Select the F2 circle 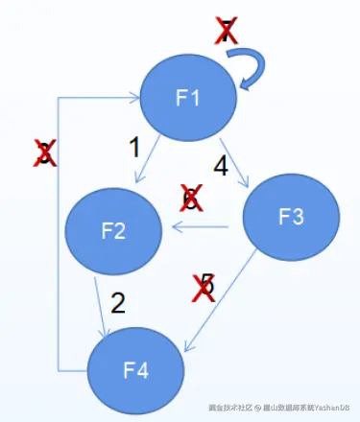[113, 229]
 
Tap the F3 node [291, 218]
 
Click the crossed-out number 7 [226, 32]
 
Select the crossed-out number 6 [191, 199]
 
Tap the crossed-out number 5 [204, 285]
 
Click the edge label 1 [134, 147]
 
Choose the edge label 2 [118, 303]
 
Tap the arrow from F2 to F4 [102, 303]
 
